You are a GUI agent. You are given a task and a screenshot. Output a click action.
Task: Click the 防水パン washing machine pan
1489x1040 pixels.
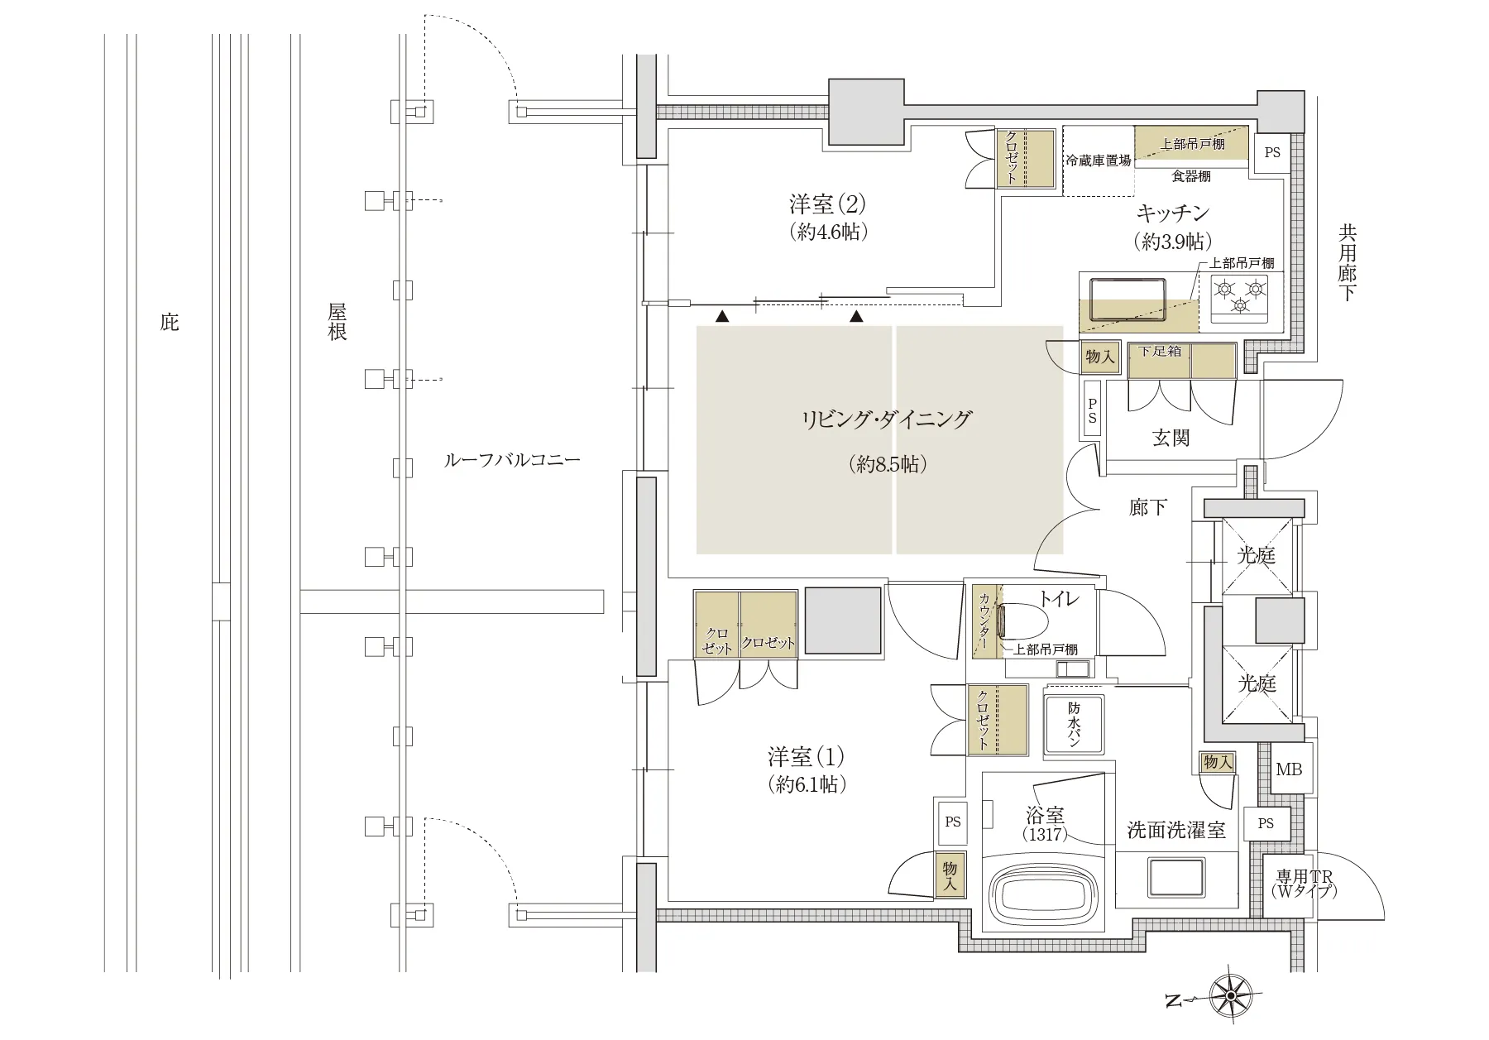coord(1074,722)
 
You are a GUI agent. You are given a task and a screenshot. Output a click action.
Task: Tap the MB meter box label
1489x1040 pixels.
coord(1288,769)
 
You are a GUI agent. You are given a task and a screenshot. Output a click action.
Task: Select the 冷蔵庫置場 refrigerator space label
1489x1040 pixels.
coord(1098,161)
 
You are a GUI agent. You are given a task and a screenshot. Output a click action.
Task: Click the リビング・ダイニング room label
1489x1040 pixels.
coord(886,419)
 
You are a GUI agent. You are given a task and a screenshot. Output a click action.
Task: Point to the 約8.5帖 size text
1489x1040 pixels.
coord(888,464)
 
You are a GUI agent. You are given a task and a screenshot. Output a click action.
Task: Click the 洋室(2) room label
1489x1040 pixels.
coord(828,204)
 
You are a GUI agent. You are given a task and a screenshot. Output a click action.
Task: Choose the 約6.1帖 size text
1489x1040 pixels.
coord(807,784)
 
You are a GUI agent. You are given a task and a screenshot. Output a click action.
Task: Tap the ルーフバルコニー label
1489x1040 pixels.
coord(512,460)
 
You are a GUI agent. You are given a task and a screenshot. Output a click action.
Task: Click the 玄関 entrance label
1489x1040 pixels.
coord(1171,438)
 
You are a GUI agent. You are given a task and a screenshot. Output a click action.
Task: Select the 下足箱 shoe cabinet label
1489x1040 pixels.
coord(1160,351)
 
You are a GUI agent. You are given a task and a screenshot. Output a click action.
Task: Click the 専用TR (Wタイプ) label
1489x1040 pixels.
coord(1305,884)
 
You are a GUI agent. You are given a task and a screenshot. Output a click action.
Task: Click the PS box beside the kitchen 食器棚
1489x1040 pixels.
coord(1272,153)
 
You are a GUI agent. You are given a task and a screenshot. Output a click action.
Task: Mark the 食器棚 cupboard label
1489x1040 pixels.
coord(1191,176)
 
